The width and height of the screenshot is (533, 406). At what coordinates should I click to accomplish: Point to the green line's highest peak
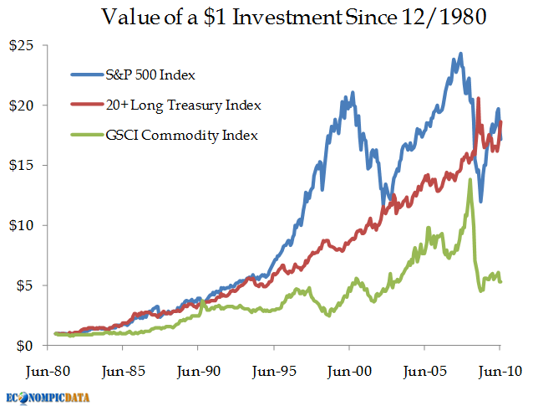470,180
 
